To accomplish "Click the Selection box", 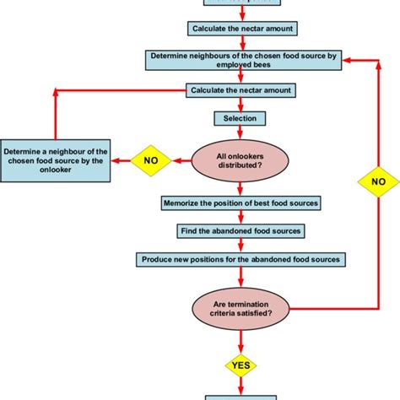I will (241, 118).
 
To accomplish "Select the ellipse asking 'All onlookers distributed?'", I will (241, 160).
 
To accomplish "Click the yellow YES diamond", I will (241, 365).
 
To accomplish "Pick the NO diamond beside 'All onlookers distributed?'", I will (150, 159).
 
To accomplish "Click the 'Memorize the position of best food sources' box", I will (241, 203).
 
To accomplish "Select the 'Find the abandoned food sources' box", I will (241, 230).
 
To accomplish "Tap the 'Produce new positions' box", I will (241, 258).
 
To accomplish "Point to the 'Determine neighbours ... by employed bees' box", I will (244, 62).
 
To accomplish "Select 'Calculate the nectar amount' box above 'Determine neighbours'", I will (242, 30).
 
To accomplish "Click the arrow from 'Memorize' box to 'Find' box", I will (241, 217).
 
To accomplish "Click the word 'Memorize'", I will (186, 203).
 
